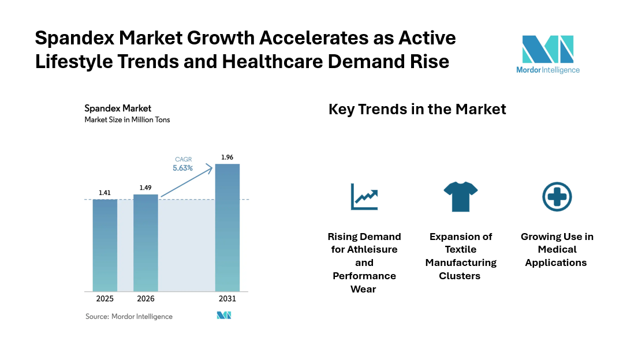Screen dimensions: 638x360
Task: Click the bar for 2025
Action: [105, 245]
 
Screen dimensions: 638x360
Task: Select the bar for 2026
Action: [145, 243]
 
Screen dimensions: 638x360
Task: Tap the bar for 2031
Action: [227, 227]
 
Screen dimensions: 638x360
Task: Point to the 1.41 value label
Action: [105, 193]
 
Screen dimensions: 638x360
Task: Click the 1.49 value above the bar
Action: [145, 187]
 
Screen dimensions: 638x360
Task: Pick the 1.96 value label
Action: [227, 157]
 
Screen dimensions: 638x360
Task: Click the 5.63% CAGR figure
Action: [182, 168]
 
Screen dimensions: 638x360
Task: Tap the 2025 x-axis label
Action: [105, 299]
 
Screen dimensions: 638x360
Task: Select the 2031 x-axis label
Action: [227, 299]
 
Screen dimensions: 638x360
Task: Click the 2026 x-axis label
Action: [145, 299]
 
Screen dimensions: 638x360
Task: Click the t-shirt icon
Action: [461, 197]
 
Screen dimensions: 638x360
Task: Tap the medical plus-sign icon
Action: [557, 197]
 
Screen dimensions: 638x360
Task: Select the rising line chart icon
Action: [364, 197]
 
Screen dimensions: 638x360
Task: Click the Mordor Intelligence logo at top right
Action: [548, 54]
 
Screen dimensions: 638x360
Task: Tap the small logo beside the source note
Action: [224, 315]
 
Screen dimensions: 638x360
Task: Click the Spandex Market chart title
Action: [118, 108]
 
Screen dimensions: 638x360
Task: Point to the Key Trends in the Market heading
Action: [417, 109]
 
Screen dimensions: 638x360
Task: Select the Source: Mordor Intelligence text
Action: [129, 317]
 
